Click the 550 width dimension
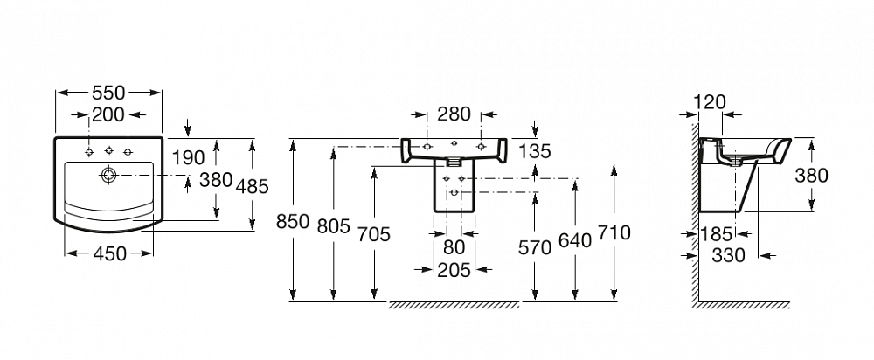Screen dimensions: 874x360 (108, 93)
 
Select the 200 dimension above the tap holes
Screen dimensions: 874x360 (108, 114)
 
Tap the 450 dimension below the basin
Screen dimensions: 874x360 (110, 253)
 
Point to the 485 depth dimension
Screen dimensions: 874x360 (252, 186)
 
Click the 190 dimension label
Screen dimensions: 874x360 (189, 158)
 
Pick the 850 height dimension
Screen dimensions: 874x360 (293, 221)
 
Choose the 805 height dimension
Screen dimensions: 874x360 (333, 226)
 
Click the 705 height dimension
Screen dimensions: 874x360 (374, 234)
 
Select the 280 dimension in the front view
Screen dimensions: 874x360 (454, 114)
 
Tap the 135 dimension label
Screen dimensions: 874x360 (534, 150)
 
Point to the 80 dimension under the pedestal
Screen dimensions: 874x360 (454, 246)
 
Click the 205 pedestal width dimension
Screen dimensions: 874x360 (454, 270)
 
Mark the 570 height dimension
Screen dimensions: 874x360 (535, 247)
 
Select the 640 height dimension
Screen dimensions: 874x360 (575, 241)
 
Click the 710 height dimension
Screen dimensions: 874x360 (614, 232)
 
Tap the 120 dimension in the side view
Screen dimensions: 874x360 (711, 102)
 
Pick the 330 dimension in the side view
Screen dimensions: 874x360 (729, 255)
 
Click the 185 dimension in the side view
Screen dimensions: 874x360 (717, 235)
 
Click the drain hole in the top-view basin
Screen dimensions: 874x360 (108, 175)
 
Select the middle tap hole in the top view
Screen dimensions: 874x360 (108, 151)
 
